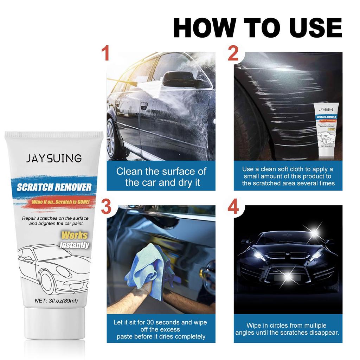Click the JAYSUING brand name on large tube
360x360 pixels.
coord(54,158)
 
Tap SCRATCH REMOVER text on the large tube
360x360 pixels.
coord(54,187)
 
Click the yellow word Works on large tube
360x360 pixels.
coord(75,235)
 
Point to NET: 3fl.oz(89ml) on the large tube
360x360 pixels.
coord(56,301)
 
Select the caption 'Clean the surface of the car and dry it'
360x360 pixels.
coord(161,177)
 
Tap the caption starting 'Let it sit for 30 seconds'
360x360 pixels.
coord(160,329)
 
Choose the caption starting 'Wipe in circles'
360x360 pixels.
coord(287,329)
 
